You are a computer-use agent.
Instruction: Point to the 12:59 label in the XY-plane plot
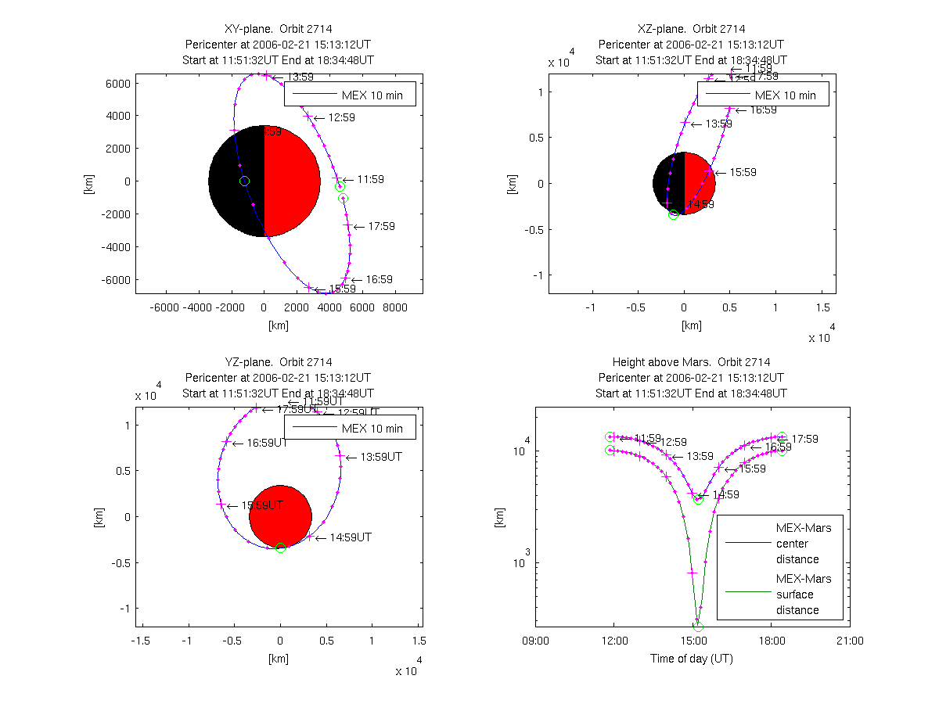[x=341, y=117]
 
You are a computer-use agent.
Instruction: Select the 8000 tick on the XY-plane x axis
[x=395, y=308]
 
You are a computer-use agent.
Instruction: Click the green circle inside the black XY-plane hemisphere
[x=244, y=181]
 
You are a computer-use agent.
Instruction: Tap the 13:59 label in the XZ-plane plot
[x=718, y=124]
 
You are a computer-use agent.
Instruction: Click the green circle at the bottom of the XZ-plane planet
[x=674, y=214]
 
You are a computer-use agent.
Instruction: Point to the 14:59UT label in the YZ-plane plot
[x=351, y=537]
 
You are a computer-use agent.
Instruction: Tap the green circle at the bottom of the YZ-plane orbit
[x=281, y=548]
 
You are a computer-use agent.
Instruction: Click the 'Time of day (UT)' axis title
[x=692, y=659]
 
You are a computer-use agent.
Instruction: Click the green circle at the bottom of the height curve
[x=698, y=627]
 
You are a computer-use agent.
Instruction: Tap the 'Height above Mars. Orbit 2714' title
[x=692, y=362]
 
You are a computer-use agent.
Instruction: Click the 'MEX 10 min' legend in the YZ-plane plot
[x=349, y=428]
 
